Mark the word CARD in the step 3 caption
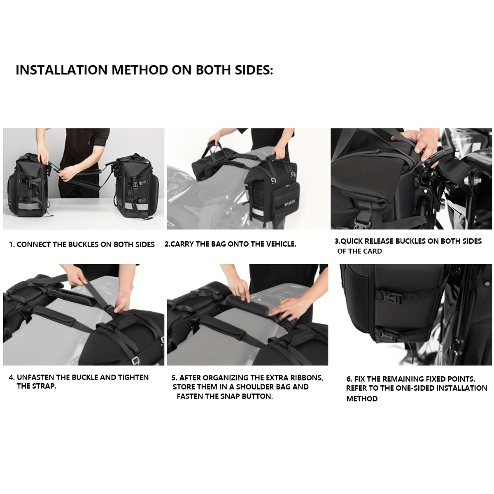372,251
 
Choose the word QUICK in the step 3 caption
351,241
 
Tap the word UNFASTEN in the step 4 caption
35,377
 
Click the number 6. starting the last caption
349,379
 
